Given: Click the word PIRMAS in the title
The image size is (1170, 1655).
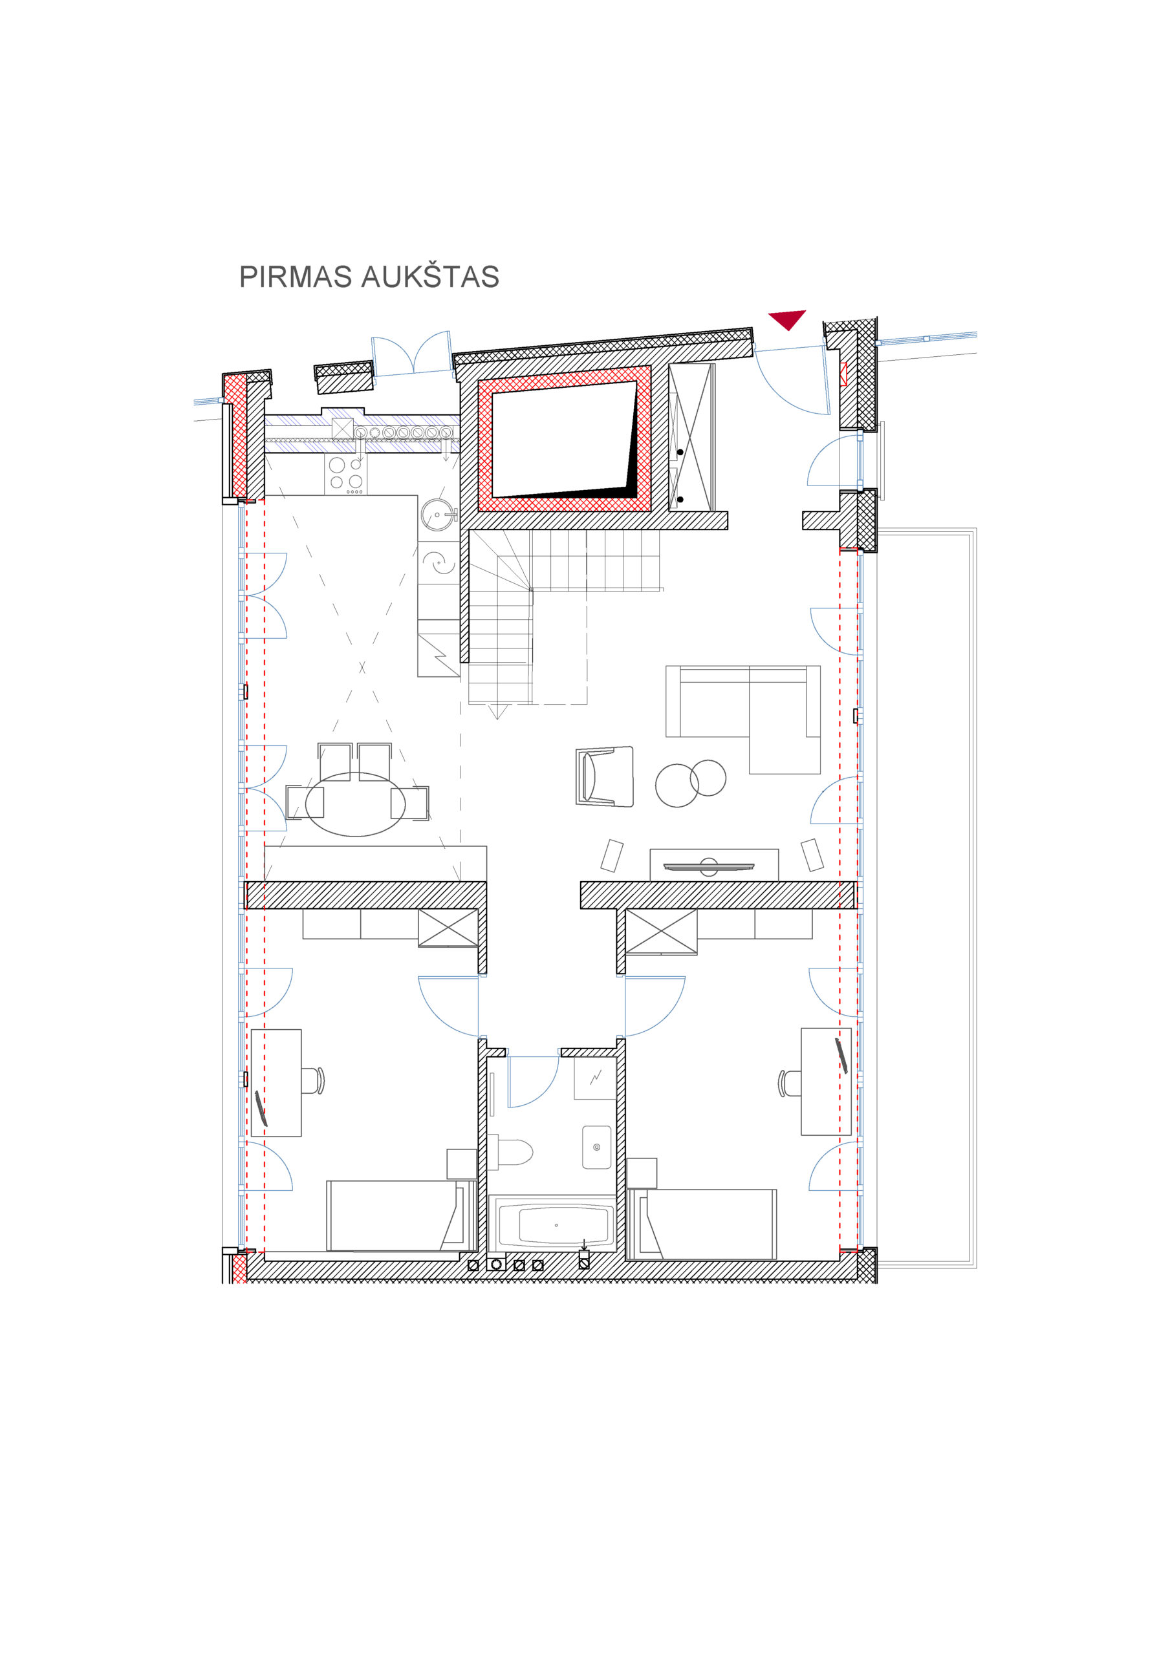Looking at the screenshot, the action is coord(296,277).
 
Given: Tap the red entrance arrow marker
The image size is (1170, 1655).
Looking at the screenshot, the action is coord(786,319).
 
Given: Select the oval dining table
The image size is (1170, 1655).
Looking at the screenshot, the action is coord(356,804).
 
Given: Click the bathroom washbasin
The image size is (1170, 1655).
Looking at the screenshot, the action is coord(596,1147).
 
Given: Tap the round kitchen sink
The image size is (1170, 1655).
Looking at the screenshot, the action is coord(438,515).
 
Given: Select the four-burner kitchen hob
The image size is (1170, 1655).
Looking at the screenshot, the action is coord(345,475).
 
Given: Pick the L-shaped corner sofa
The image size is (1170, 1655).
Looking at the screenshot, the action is coord(743,720).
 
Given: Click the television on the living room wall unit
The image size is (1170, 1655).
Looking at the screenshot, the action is coord(708,866).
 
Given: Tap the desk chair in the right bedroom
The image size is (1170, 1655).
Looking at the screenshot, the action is coord(790,1083).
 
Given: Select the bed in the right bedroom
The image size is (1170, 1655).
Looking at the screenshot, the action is coord(701,1224).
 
